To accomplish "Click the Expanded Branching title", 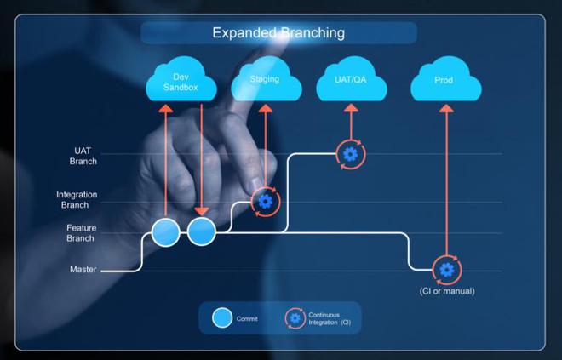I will click(278, 33).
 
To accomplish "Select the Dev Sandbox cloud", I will click(180, 82).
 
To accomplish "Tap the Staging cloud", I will click(265, 82).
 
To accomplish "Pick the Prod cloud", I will click(445, 83).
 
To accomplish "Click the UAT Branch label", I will click(84, 155).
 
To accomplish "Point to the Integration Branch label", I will click(77, 200).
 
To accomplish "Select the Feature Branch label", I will click(82, 233).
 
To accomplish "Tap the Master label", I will click(83, 270).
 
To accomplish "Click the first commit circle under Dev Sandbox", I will click(166, 231).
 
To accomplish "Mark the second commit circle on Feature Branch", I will click(202, 231).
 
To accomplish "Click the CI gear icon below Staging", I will click(266, 202).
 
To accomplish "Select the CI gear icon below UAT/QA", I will click(350, 154).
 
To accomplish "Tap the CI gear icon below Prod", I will click(446, 270).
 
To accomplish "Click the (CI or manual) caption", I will click(447, 292).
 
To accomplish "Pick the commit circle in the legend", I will click(222, 318).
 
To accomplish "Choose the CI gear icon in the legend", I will click(295, 318).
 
